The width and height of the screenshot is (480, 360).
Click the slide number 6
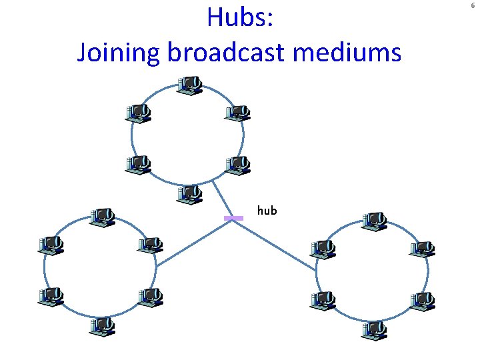(x=474, y=5)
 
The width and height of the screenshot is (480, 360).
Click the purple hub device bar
(x=233, y=218)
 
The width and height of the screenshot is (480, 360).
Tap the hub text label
(x=267, y=211)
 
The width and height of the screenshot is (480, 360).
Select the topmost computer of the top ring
(x=190, y=85)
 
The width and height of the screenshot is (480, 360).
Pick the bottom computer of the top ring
(x=190, y=195)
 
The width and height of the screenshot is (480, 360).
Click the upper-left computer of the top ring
(x=139, y=113)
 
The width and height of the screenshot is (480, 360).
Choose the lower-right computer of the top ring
(x=237, y=164)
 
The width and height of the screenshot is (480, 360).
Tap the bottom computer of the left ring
(x=102, y=326)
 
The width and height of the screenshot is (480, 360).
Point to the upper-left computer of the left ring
(x=51, y=245)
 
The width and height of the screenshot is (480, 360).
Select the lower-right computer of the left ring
(x=150, y=297)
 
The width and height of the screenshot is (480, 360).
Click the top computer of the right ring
(x=374, y=221)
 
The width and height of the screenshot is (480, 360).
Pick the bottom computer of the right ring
(x=374, y=329)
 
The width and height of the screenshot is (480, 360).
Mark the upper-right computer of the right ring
(x=422, y=248)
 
